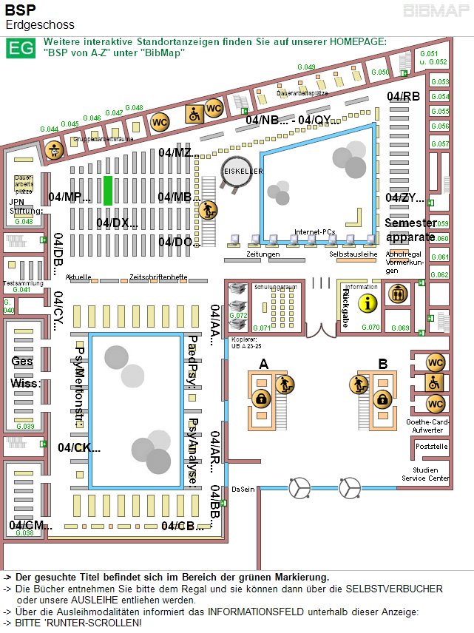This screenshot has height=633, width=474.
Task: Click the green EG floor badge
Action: pos(20,48)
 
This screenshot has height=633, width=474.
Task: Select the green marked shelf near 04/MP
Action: pos(108,190)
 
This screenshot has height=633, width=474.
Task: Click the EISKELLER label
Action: pos(243,171)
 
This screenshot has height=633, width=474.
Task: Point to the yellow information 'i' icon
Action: pos(368,302)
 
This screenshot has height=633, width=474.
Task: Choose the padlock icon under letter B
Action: pos(382,400)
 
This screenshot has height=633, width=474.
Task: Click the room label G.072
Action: pos(238,315)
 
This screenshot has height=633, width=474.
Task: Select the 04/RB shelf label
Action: pos(403,97)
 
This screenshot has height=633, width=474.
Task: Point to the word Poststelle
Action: pos(432,447)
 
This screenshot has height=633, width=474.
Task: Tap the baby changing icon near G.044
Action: pos(53,149)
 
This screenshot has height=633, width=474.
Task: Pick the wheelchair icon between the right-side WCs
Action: pos(436,383)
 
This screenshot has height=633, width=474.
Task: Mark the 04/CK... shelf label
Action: pos(79,447)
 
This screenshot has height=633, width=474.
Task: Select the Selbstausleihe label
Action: pos(353,253)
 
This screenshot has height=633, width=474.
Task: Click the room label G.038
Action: pos(24,532)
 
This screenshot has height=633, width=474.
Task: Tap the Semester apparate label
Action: pos(410,230)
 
